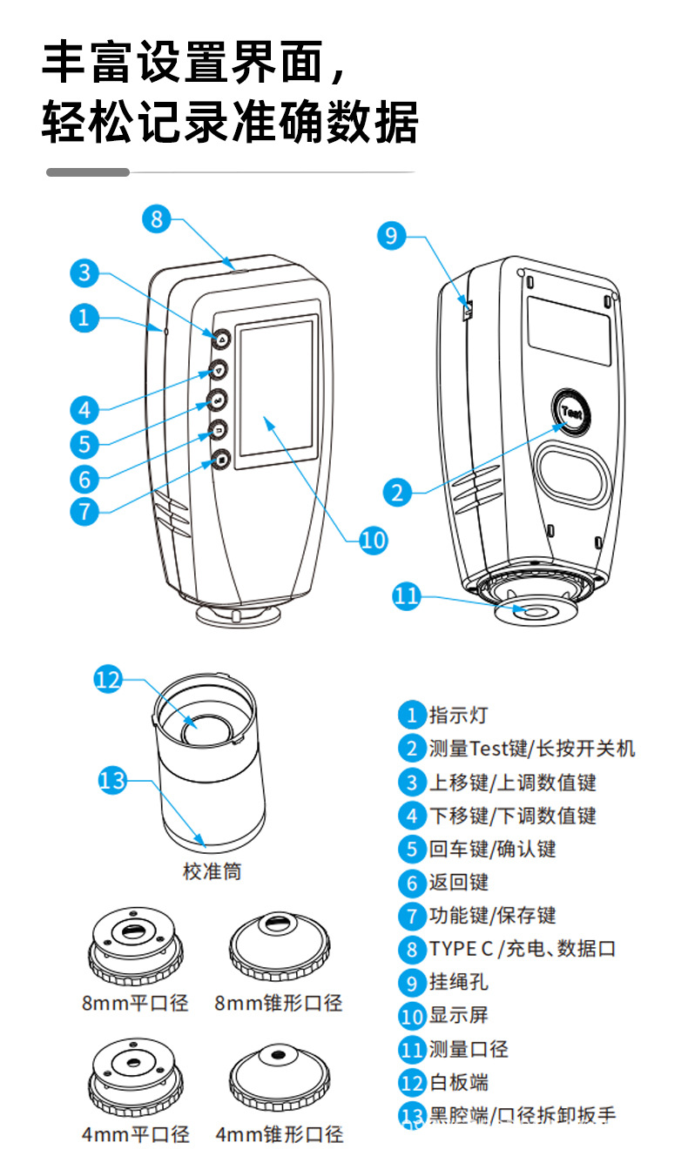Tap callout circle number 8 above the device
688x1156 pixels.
(157, 218)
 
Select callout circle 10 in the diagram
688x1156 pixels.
(374, 540)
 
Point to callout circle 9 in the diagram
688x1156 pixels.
(392, 235)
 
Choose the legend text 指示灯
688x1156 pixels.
(458, 716)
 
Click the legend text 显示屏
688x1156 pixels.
(458, 1016)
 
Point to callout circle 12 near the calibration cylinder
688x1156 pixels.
(108, 680)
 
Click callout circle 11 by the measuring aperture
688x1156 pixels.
(406, 596)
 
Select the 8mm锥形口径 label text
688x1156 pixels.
(279, 1004)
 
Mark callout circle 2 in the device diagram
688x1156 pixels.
(397, 493)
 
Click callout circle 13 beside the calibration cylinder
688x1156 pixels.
(113, 780)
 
